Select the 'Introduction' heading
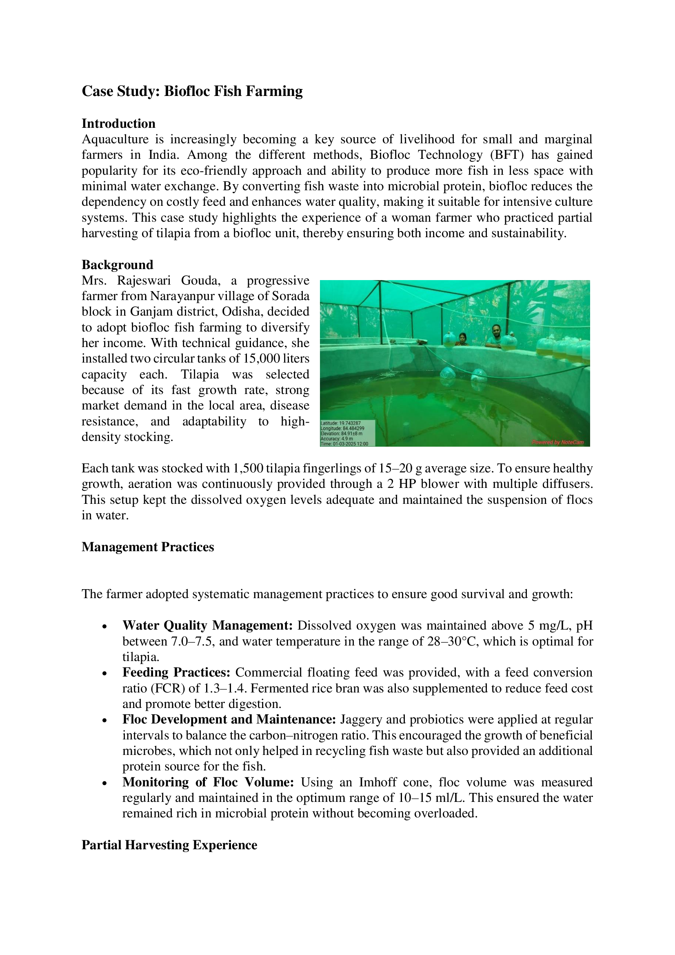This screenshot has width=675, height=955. (x=118, y=124)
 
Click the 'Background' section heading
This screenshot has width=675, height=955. (x=117, y=265)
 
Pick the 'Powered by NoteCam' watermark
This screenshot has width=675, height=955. (x=558, y=442)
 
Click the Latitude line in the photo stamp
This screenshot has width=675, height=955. (x=340, y=423)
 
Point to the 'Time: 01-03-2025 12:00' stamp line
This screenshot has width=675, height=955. (x=344, y=444)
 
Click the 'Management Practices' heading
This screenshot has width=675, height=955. (x=148, y=547)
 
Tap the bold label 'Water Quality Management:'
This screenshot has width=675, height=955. (x=207, y=626)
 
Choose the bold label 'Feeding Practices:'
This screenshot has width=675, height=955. (x=176, y=672)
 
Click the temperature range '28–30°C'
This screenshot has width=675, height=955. (x=453, y=641)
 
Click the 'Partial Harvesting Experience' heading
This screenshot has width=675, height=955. (x=169, y=845)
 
